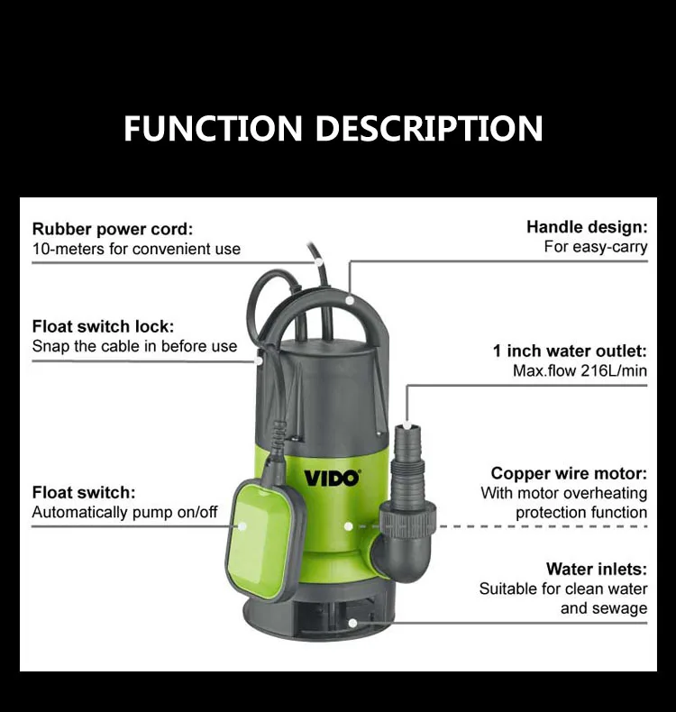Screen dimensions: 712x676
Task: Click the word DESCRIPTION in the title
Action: [x=429, y=128]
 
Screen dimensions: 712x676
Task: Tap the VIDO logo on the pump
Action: [x=331, y=477]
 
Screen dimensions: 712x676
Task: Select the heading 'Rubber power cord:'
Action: [x=113, y=229]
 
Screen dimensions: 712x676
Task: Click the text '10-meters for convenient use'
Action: [x=136, y=249]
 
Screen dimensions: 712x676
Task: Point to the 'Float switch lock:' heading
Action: [x=103, y=326]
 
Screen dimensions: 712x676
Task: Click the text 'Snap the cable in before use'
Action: [x=134, y=346]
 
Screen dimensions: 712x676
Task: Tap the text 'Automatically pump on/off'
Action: [x=124, y=512]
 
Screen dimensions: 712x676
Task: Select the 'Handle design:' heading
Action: [x=587, y=226]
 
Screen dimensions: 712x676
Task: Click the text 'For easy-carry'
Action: [x=595, y=246]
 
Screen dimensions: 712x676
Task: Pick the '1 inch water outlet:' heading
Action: [x=570, y=351]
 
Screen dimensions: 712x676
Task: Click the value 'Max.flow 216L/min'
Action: [x=581, y=370]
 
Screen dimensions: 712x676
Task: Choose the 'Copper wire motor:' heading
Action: [x=569, y=473]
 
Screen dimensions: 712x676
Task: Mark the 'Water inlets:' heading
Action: [x=596, y=569]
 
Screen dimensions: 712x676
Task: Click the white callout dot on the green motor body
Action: [x=348, y=525]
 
